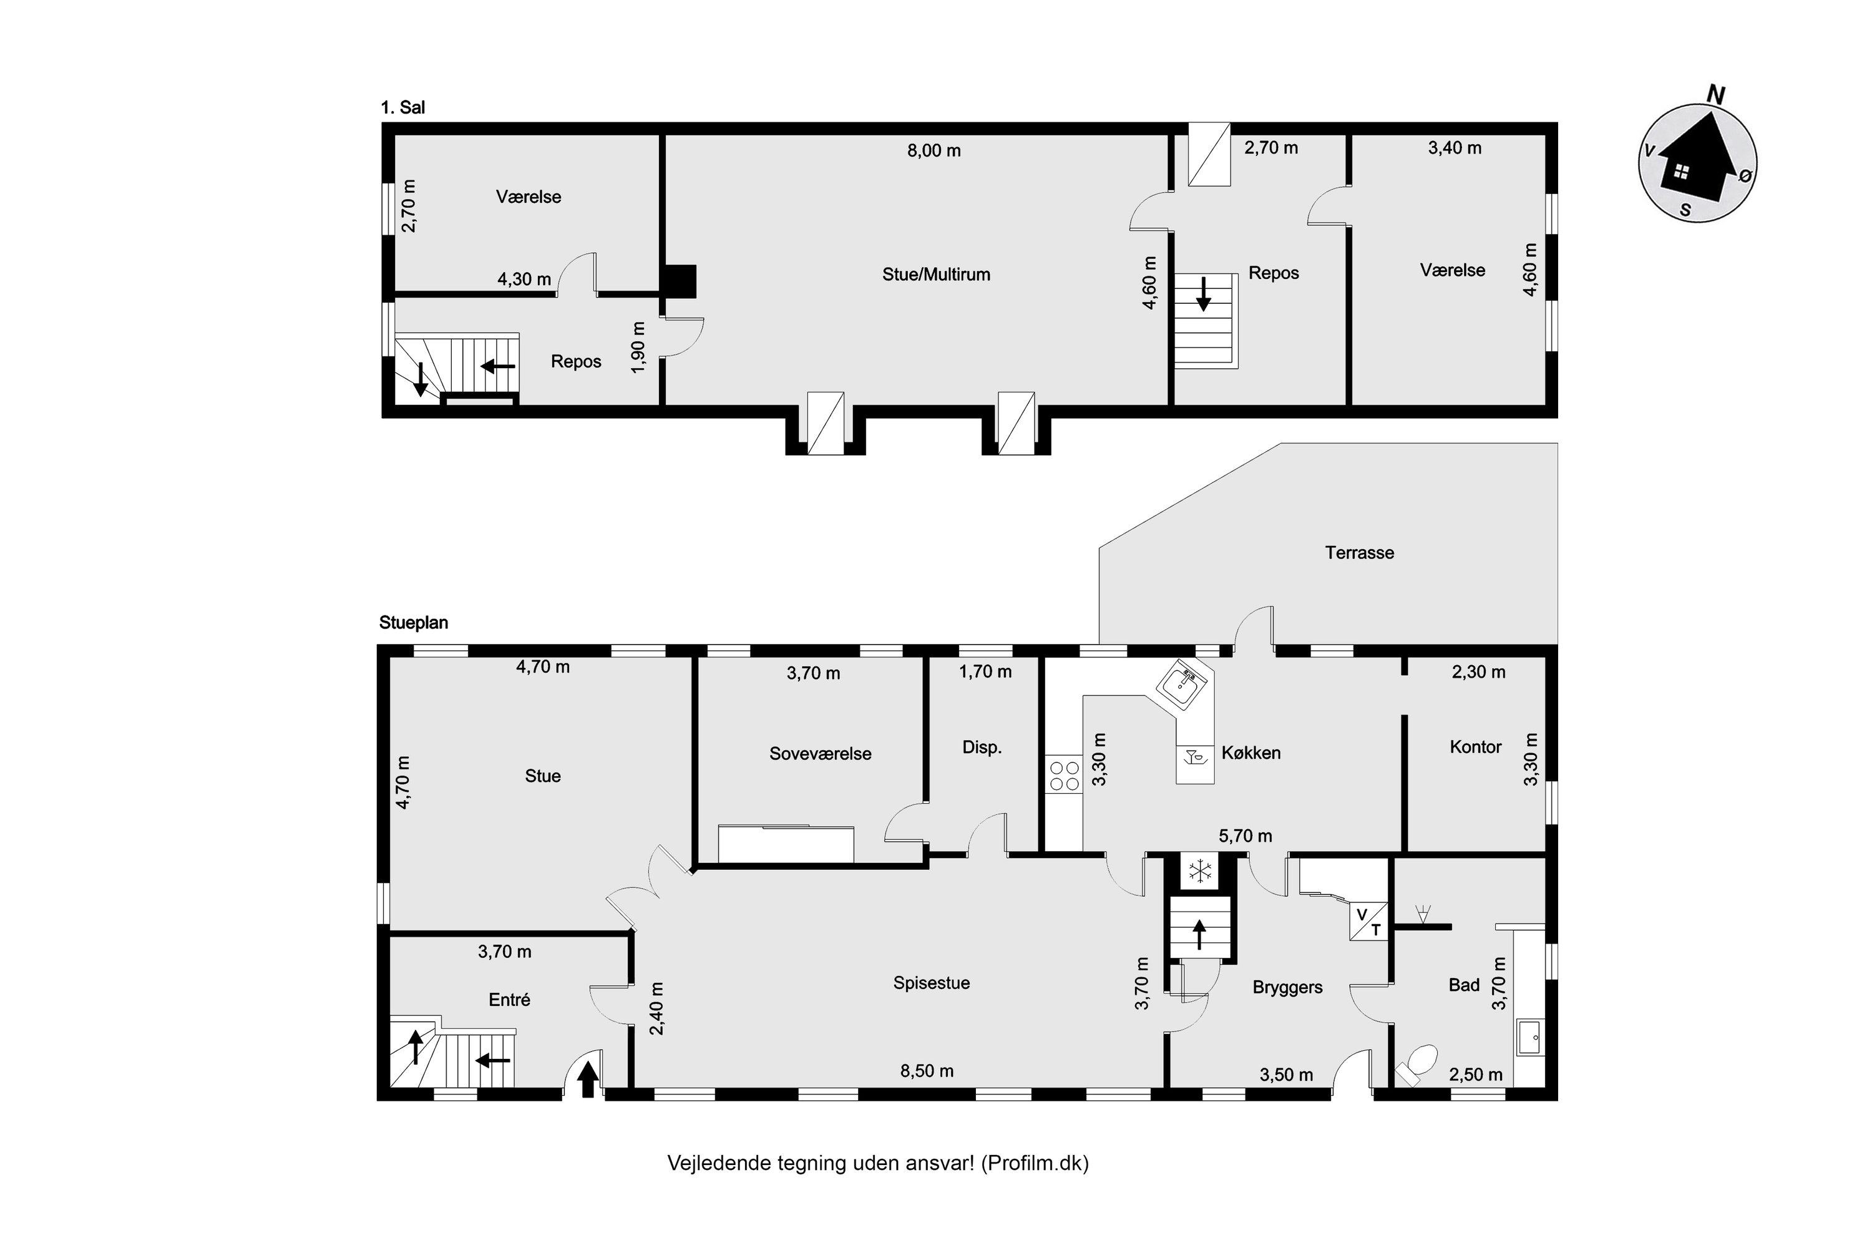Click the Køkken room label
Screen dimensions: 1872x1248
tap(1251, 753)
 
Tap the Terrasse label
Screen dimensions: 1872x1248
tap(1360, 552)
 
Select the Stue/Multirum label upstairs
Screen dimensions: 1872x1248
tap(936, 275)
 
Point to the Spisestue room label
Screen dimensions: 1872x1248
tap(931, 983)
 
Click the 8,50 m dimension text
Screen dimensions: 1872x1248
tap(927, 1071)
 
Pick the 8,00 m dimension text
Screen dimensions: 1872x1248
tap(934, 150)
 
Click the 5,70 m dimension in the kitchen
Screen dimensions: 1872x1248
tap(1246, 836)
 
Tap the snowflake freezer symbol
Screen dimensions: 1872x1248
tap(1200, 872)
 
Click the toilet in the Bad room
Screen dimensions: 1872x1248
tap(1418, 1063)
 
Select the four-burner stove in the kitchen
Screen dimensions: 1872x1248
tap(1064, 776)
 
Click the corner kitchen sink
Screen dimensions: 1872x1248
tap(1184, 685)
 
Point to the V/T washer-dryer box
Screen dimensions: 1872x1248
tap(1369, 921)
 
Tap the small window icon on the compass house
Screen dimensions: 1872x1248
tap(1682, 171)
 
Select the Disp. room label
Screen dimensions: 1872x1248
tap(982, 748)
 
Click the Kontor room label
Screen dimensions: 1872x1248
tap(1476, 746)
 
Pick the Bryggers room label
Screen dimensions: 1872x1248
tap(1287, 988)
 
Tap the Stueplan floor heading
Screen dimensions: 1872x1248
tap(413, 622)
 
